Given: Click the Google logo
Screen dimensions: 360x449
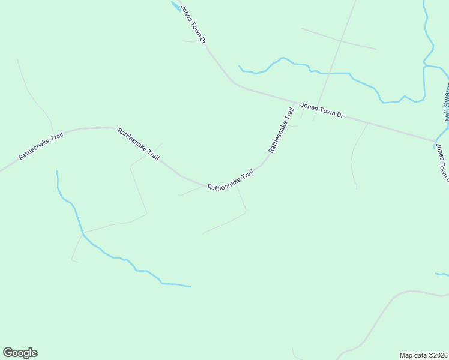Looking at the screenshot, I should tap(20, 353).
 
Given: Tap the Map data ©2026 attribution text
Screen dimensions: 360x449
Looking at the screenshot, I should tap(423, 355).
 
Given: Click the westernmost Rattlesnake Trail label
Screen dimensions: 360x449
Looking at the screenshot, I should tap(40, 145).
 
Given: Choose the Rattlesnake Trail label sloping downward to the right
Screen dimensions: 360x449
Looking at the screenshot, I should tap(139, 144).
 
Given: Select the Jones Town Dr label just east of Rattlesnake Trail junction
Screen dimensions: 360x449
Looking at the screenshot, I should tap(321, 110).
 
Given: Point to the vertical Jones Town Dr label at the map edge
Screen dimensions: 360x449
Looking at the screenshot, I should tap(442, 161).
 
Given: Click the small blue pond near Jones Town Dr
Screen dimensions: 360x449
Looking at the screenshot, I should tap(175, 6).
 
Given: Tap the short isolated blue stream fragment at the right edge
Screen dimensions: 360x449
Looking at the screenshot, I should tap(442, 275).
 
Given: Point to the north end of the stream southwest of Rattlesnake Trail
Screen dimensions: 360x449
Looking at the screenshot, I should tap(57, 172).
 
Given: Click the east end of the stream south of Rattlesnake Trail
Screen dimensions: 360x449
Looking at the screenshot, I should tap(190, 286).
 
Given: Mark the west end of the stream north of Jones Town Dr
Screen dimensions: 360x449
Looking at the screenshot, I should tap(240, 66).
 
